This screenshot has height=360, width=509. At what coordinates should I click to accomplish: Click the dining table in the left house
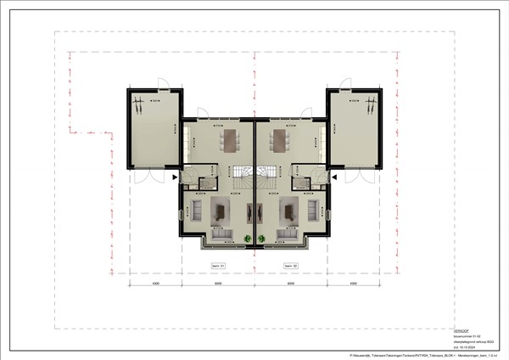point(230,140)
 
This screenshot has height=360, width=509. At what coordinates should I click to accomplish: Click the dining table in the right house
point(279,140)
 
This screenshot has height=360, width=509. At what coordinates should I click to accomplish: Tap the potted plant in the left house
point(247,239)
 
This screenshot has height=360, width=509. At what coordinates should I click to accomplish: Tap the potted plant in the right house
point(262,239)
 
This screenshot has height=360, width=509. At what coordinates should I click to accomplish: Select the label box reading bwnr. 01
point(218,266)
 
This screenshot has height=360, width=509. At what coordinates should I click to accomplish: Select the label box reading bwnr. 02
point(291,266)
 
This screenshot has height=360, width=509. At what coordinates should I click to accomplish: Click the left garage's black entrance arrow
point(175,177)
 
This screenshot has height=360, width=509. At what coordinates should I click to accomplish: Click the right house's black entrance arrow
point(334,177)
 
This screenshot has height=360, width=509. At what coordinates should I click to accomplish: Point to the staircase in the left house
point(243,179)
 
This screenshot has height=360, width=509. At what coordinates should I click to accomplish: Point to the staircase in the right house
point(266,179)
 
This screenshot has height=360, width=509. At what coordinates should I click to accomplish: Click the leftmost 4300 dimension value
point(155,284)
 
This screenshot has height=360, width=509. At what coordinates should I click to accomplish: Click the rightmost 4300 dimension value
point(354,284)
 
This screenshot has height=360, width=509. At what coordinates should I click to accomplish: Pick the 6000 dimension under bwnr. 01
point(218,284)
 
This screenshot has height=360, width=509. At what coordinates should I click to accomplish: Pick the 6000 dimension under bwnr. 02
point(291,284)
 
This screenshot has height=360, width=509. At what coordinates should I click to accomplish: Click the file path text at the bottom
point(425,354)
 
